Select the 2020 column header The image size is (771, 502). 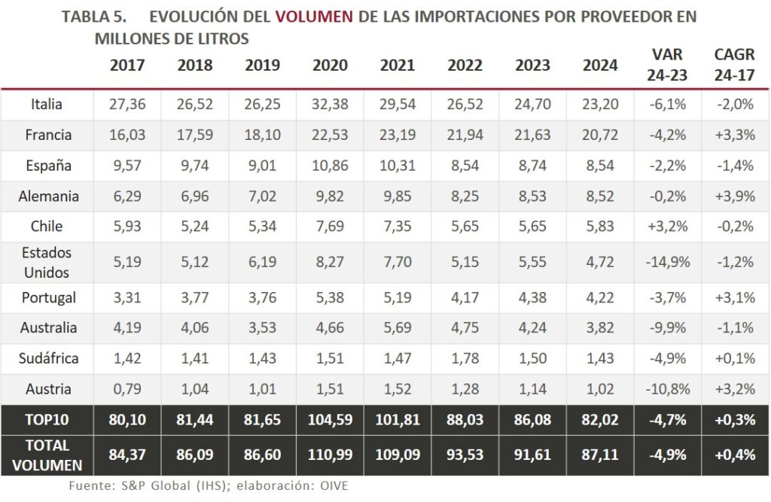(330, 65)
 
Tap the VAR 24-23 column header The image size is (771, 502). (668, 65)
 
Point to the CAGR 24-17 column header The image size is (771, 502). (734, 65)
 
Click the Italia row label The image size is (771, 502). (47, 105)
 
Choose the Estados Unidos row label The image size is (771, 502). (47, 261)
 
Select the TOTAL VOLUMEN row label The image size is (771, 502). (47, 455)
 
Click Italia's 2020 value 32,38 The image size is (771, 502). (330, 105)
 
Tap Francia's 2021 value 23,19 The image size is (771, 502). (398, 135)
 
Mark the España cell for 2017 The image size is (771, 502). (127, 166)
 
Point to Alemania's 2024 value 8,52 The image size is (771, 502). (600, 196)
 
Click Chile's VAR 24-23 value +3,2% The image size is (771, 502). (668, 227)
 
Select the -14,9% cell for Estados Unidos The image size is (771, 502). (668, 262)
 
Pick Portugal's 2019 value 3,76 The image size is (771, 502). (262, 297)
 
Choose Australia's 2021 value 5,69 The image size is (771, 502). (398, 328)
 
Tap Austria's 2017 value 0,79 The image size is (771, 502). (127, 389)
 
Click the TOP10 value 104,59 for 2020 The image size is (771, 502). (330, 420)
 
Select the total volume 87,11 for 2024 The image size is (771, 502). (600, 455)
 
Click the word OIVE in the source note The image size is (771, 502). (332, 486)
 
